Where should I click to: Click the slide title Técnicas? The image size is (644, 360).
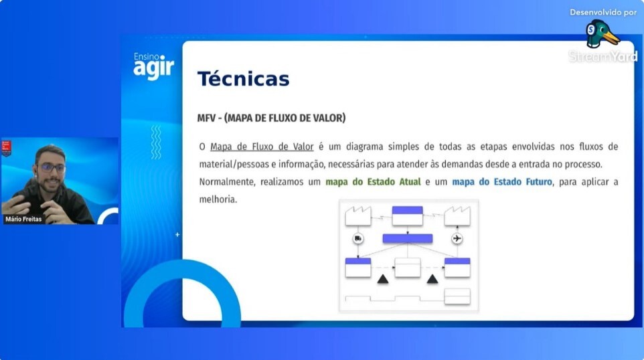(x=243, y=79)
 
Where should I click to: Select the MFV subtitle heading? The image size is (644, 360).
(x=272, y=118)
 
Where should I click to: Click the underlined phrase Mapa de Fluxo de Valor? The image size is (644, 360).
(x=262, y=147)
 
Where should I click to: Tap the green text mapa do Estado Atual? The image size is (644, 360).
(x=373, y=182)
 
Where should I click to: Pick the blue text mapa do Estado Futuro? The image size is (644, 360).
(x=502, y=182)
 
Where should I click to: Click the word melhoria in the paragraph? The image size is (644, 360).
(x=218, y=199)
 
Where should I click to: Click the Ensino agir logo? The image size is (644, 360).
(x=153, y=66)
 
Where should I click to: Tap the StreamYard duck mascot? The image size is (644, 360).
(x=601, y=34)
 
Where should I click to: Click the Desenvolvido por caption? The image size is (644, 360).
(x=603, y=12)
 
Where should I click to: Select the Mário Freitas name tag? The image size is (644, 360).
(x=23, y=219)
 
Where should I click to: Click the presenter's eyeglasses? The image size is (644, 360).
(x=52, y=167)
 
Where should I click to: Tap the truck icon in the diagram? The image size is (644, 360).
(x=358, y=238)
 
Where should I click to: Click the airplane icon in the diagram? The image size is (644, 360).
(x=457, y=238)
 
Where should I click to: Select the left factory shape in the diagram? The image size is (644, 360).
(x=358, y=216)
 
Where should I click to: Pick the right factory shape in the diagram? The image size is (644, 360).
(x=457, y=216)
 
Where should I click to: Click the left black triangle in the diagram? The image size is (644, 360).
(x=383, y=280)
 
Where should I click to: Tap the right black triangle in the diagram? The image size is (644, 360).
(x=432, y=280)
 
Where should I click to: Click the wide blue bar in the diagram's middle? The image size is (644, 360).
(x=408, y=238)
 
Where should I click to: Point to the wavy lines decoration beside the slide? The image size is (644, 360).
(x=156, y=143)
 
